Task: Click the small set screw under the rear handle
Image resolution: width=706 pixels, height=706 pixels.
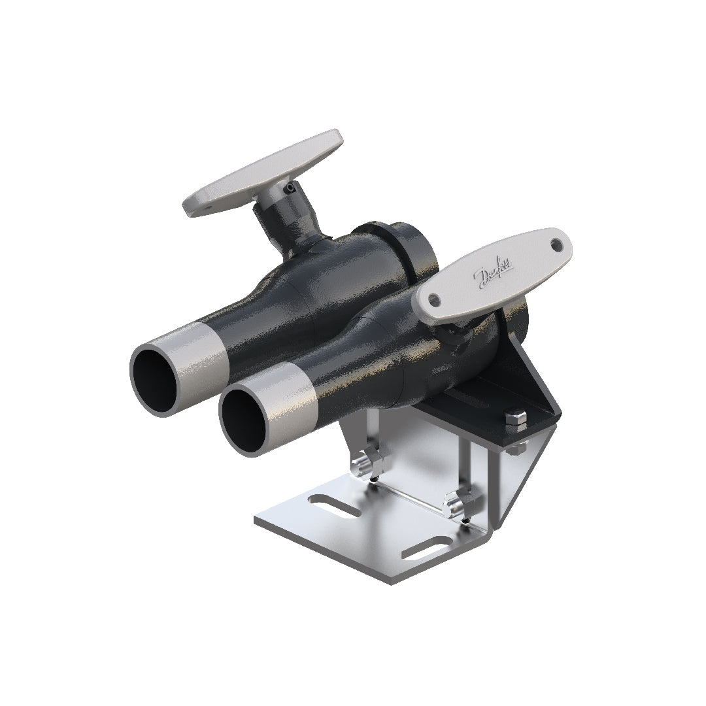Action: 288,189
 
